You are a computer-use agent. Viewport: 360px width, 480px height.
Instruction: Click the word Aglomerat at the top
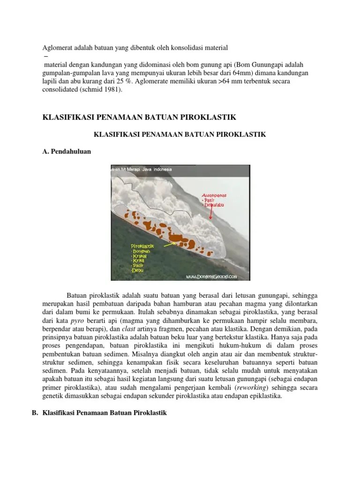tap(57, 47)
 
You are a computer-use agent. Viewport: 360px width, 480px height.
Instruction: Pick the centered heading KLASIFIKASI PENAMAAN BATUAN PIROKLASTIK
tap(180, 134)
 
